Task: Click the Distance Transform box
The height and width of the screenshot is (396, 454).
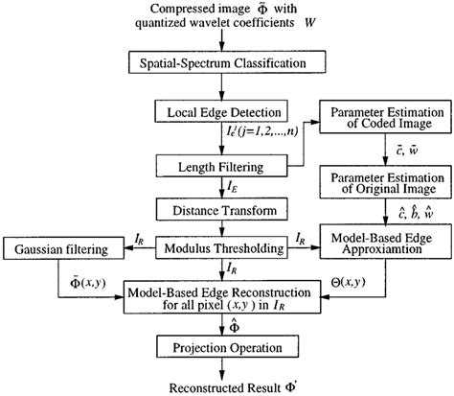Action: (x=221, y=208)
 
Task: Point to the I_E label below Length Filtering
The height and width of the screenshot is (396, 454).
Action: (x=234, y=188)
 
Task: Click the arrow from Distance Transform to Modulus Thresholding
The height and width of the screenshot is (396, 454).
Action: (x=221, y=227)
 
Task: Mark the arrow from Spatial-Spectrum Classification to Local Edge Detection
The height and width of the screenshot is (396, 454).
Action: (x=221, y=86)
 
